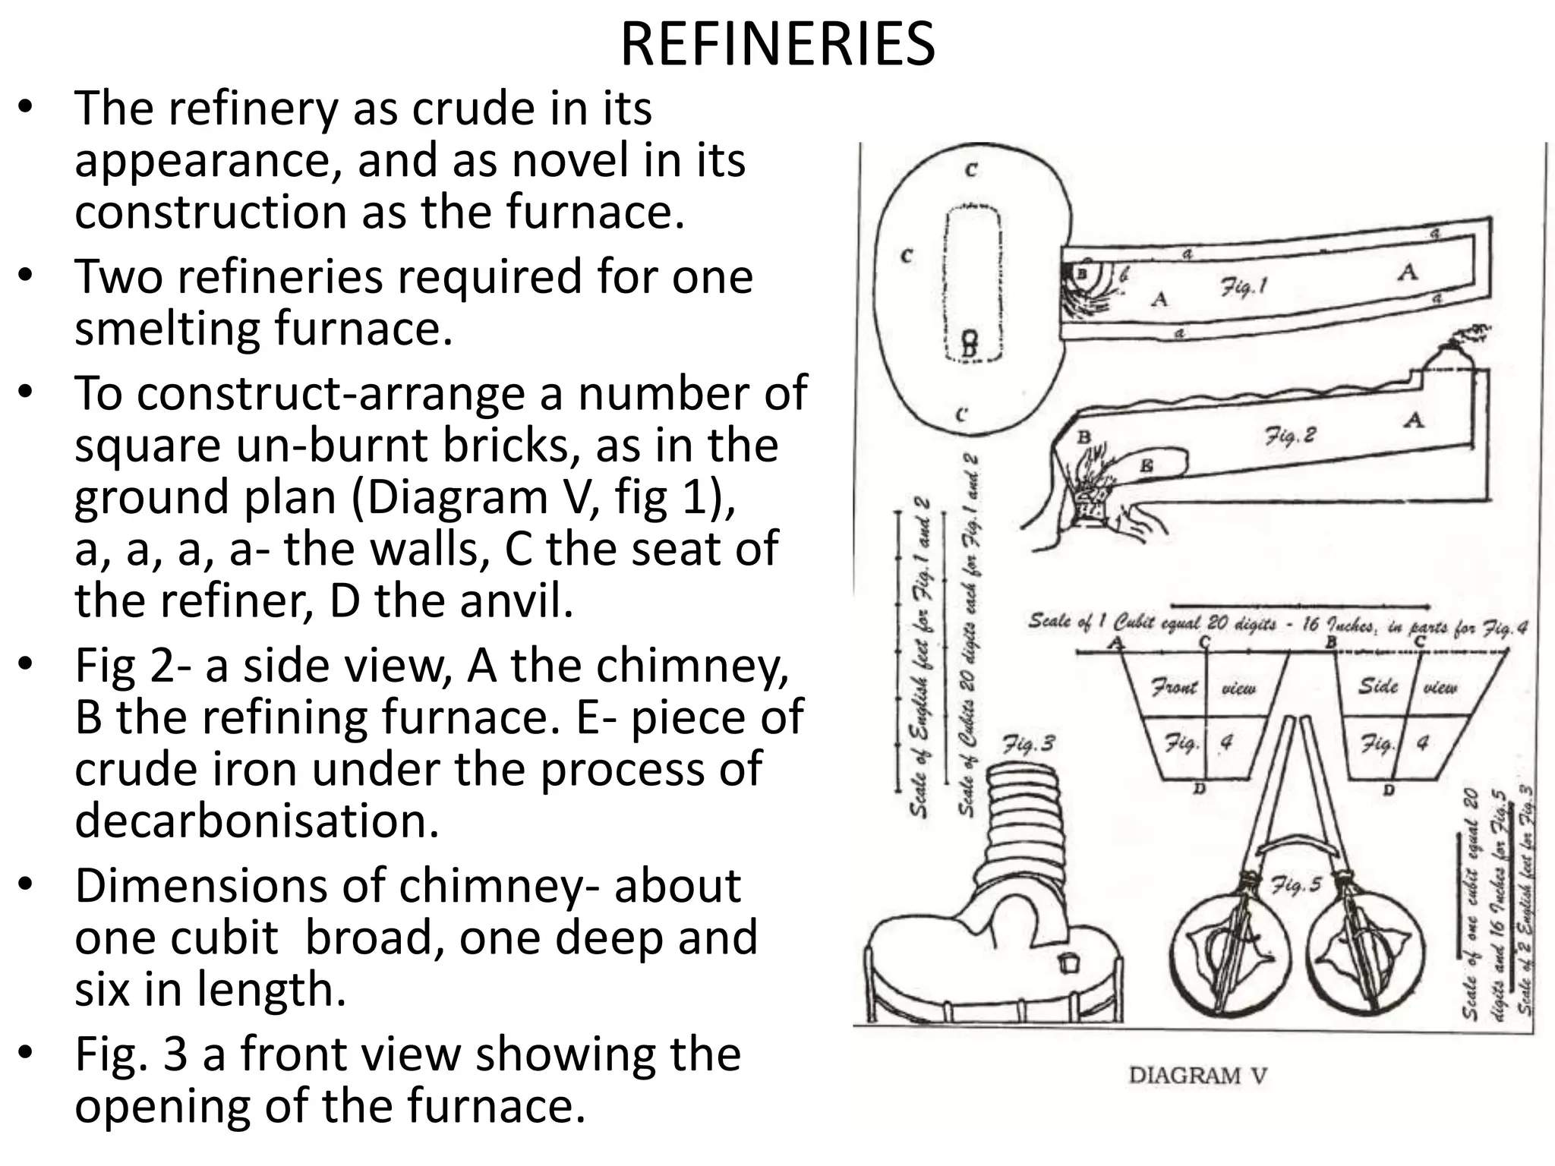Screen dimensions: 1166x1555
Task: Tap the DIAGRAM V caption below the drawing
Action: tap(1197, 1075)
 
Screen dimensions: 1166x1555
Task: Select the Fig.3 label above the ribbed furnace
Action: tap(1028, 744)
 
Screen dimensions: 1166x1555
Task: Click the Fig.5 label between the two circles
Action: tap(1295, 885)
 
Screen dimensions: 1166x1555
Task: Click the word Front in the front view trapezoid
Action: tap(1174, 688)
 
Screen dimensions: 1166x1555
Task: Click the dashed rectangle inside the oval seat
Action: tap(972, 285)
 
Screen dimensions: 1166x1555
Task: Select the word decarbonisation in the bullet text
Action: tap(257, 821)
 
